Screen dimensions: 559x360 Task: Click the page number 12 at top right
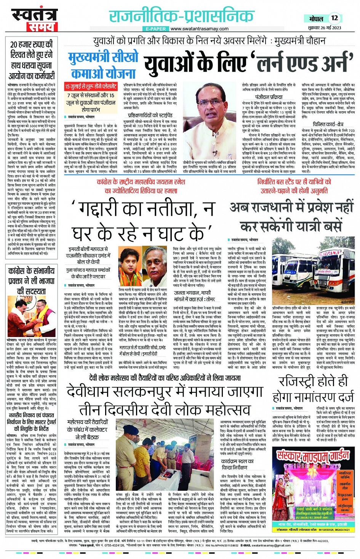[x=334, y=18]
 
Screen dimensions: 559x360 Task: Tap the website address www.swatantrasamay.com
[x=199, y=29]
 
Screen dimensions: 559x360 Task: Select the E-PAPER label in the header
[x=156, y=29]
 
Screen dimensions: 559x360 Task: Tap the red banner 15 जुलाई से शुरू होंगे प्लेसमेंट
[x=91, y=86]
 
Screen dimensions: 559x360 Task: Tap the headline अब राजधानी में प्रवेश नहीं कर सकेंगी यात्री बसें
[x=291, y=217]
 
